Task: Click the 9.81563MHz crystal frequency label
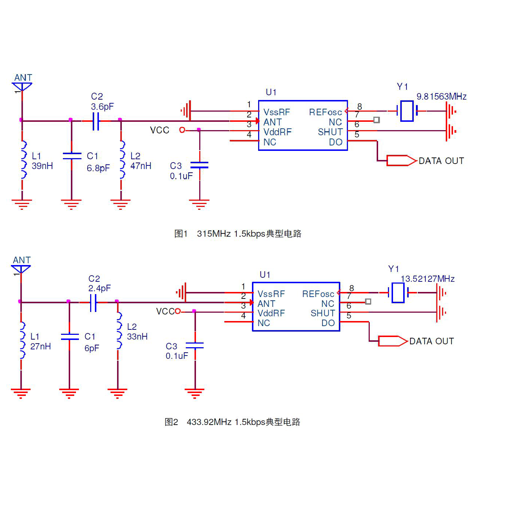441,96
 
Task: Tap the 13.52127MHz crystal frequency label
428,278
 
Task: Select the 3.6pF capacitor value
102,107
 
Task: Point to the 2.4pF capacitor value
99,288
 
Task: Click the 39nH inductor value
42,166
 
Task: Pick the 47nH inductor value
141,166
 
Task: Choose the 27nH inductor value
41,346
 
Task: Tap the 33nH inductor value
137,337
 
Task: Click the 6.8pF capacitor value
98,168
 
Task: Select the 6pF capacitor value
92,348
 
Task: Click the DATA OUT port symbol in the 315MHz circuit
402,161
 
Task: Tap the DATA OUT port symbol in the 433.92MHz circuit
393,341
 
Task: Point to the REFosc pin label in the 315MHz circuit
325,112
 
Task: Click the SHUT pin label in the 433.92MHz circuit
322,313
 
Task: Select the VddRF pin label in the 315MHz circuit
277,132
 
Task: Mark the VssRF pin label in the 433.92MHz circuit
271,294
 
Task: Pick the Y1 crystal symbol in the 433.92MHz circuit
398,293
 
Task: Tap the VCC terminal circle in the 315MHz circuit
182,130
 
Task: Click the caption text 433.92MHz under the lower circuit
209,422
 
